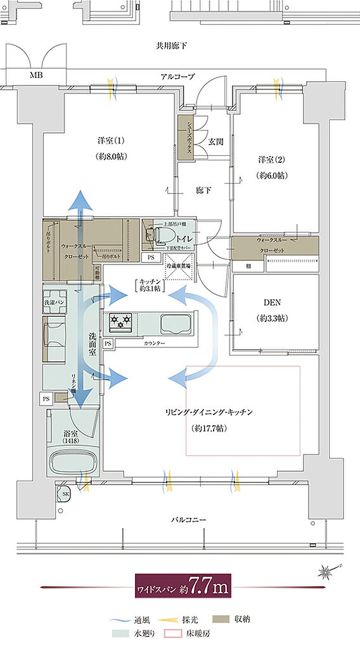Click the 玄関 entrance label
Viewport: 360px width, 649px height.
pos(216,141)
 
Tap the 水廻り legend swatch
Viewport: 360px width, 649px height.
pos(119,633)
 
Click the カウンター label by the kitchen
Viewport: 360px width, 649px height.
pos(153,343)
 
